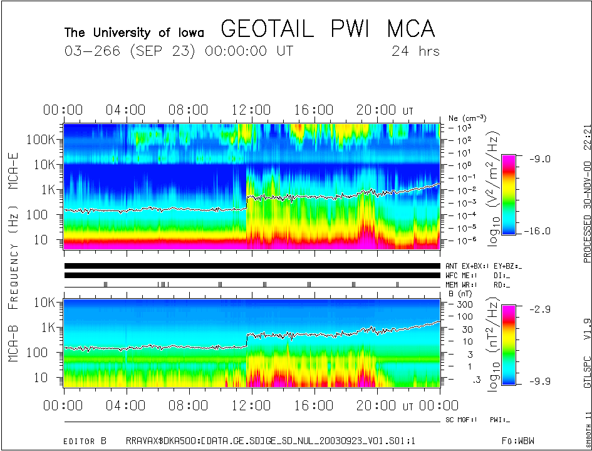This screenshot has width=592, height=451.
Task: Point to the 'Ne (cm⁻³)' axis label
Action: point(467,118)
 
